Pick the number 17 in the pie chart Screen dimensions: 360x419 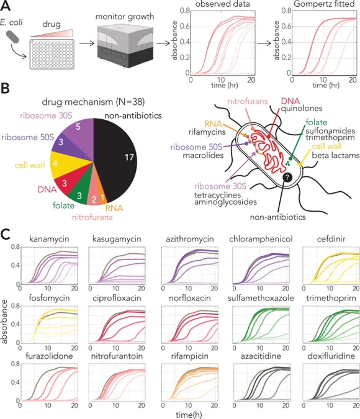(129, 157)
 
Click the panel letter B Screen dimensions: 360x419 (6, 88)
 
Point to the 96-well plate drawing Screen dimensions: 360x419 (52, 54)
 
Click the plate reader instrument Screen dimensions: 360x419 (125, 46)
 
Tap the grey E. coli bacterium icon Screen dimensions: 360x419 (13, 37)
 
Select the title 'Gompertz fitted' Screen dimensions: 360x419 (324, 4)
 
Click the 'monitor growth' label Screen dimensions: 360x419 (125, 17)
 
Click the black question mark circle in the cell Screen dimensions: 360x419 (287, 177)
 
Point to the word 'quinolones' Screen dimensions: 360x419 (302, 108)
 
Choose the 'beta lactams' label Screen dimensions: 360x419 (335, 155)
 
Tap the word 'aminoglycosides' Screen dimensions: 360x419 (225, 202)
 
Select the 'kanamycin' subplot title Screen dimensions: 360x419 (49, 238)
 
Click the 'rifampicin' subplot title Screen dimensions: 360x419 (189, 356)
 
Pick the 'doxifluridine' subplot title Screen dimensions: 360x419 (331, 356)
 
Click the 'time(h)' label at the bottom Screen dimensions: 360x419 (189, 415)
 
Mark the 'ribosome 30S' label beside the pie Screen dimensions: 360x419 (46, 115)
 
